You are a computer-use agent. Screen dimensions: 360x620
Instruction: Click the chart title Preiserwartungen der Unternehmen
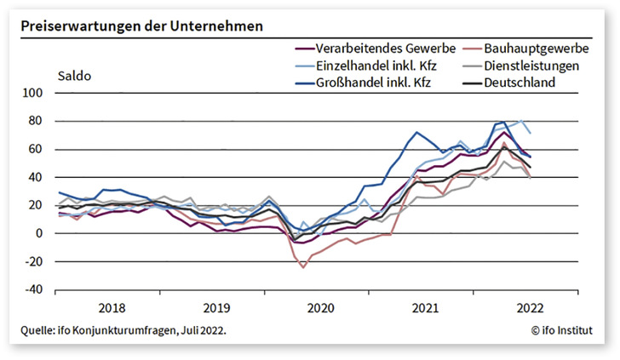(x=142, y=26)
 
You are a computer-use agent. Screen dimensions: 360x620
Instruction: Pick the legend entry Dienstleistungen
(x=531, y=66)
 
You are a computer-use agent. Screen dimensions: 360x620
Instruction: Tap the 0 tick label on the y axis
(x=38, y=233)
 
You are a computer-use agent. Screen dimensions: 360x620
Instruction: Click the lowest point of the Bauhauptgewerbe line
(x=302, y=267)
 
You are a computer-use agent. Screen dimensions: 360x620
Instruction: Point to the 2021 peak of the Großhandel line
(x=416, y=133)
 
